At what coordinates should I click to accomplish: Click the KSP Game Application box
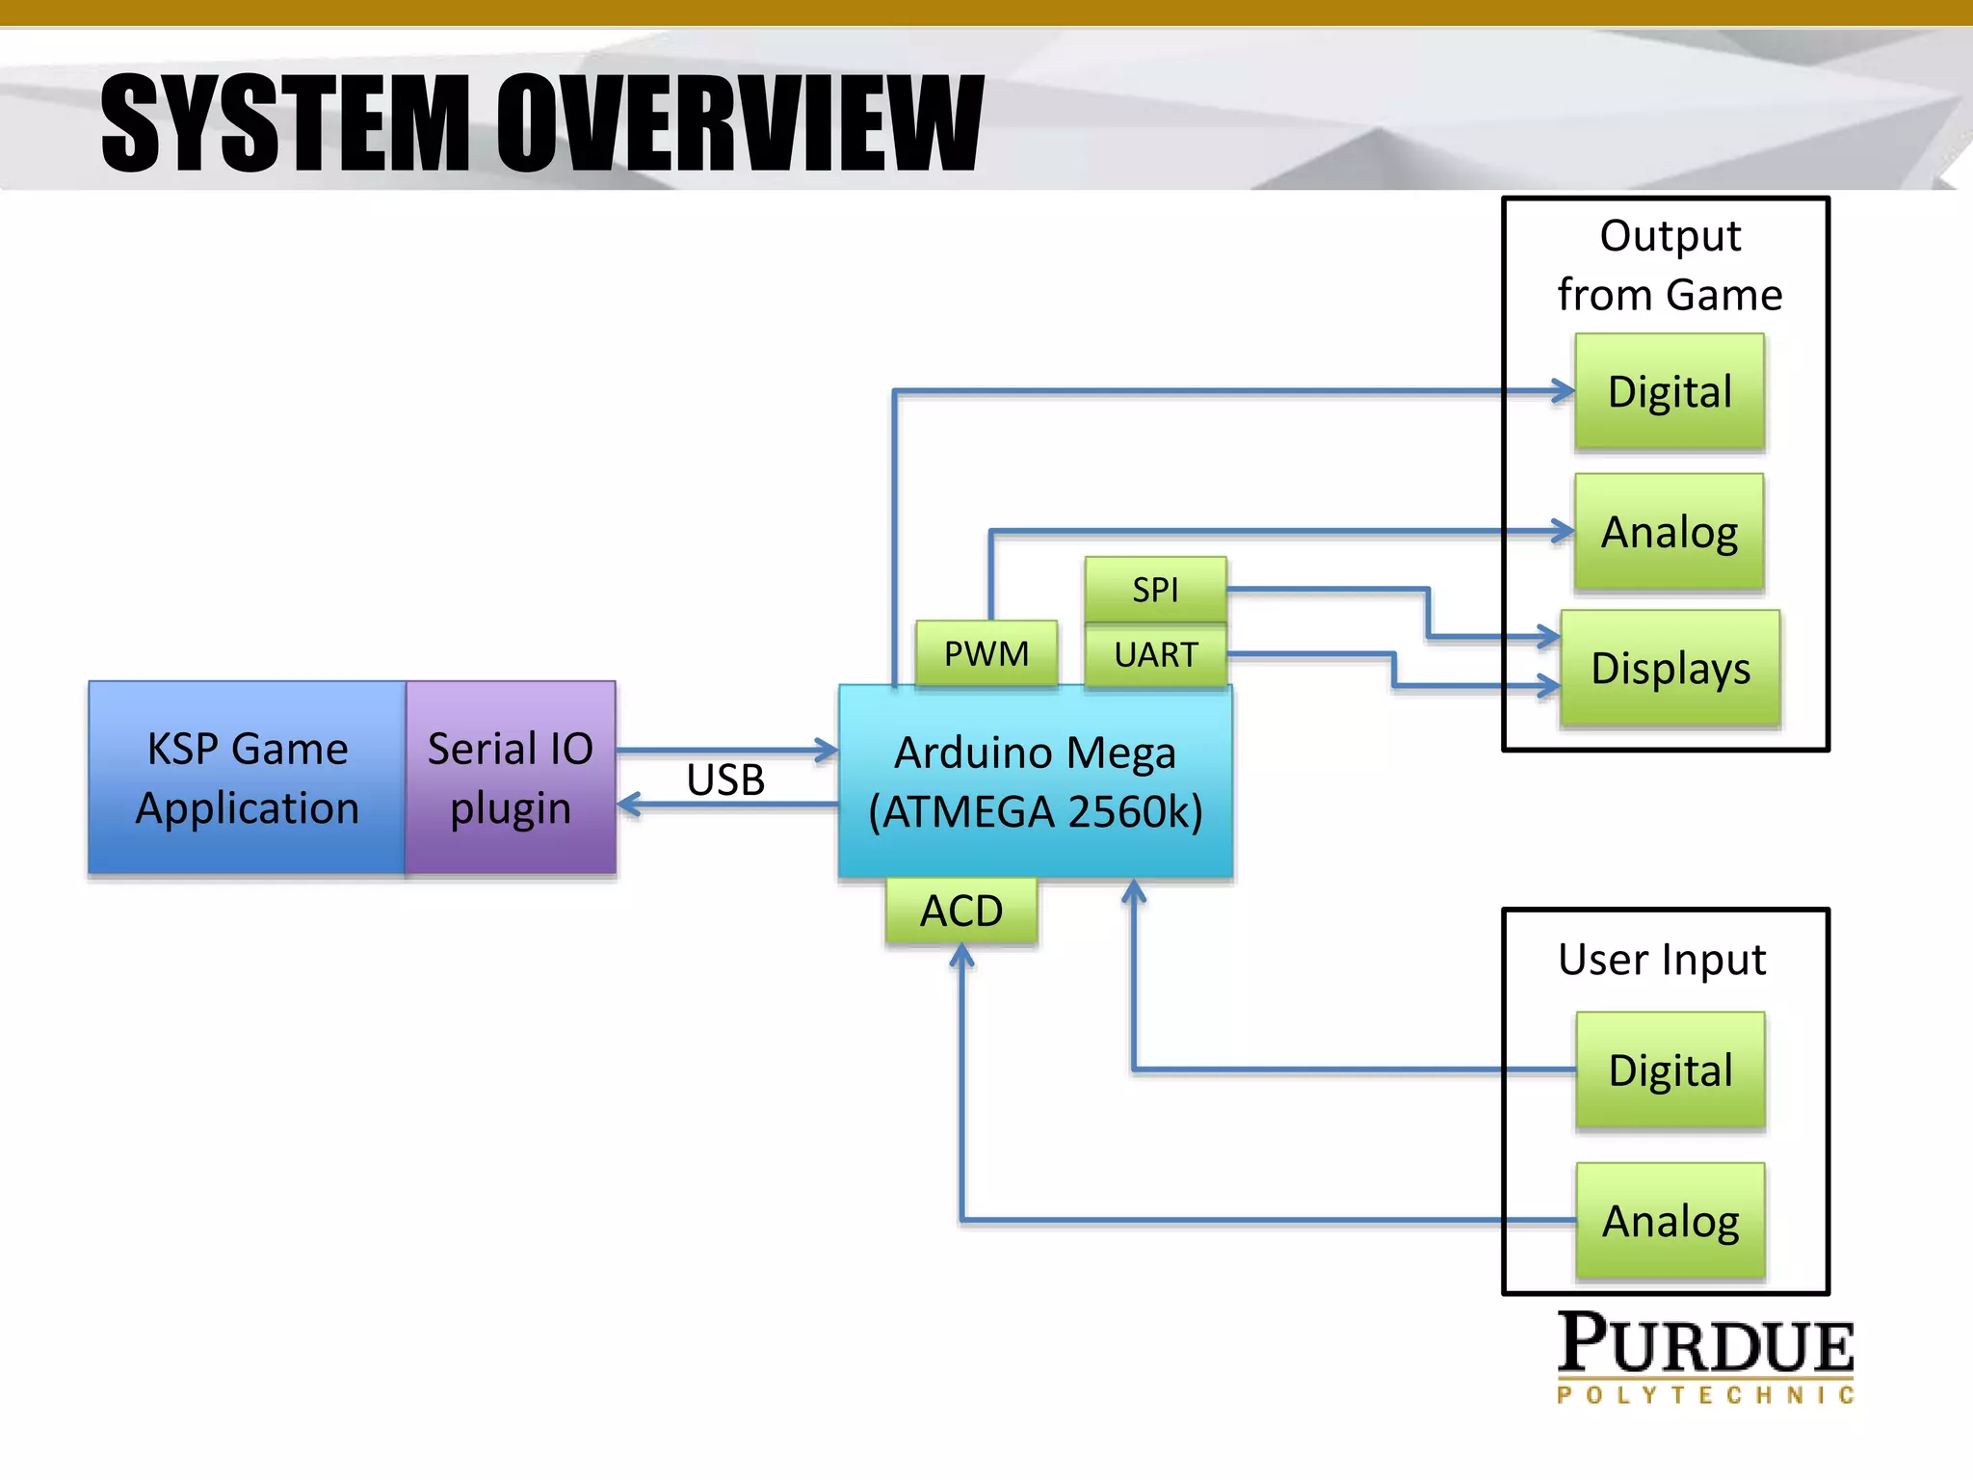point(247,778)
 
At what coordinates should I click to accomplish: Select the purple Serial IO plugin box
point(511,778)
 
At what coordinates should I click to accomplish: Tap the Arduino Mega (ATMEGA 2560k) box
point(1036,781)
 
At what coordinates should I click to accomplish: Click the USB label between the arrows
point(725,780)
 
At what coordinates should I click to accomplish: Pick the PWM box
point(986,653)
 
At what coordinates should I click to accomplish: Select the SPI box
point(1155,589)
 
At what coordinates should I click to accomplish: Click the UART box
point(1155,654)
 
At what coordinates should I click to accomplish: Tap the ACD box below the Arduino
point(961,910)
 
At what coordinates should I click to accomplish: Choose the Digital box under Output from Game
point(1670,391)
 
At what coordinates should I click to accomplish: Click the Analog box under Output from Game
point(1670,531)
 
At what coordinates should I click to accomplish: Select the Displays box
point(1670,668)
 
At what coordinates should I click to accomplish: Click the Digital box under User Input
point(1670,1070)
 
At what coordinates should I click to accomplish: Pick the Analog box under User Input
point(1670,1220)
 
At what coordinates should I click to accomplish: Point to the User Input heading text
point(1662,960)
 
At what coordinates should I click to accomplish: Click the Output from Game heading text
point(1670,265)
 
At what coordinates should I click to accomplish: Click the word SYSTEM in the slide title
point(284,123)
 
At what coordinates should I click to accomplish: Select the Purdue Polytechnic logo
point(1705,1357)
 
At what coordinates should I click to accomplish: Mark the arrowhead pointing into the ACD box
point(961,955)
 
